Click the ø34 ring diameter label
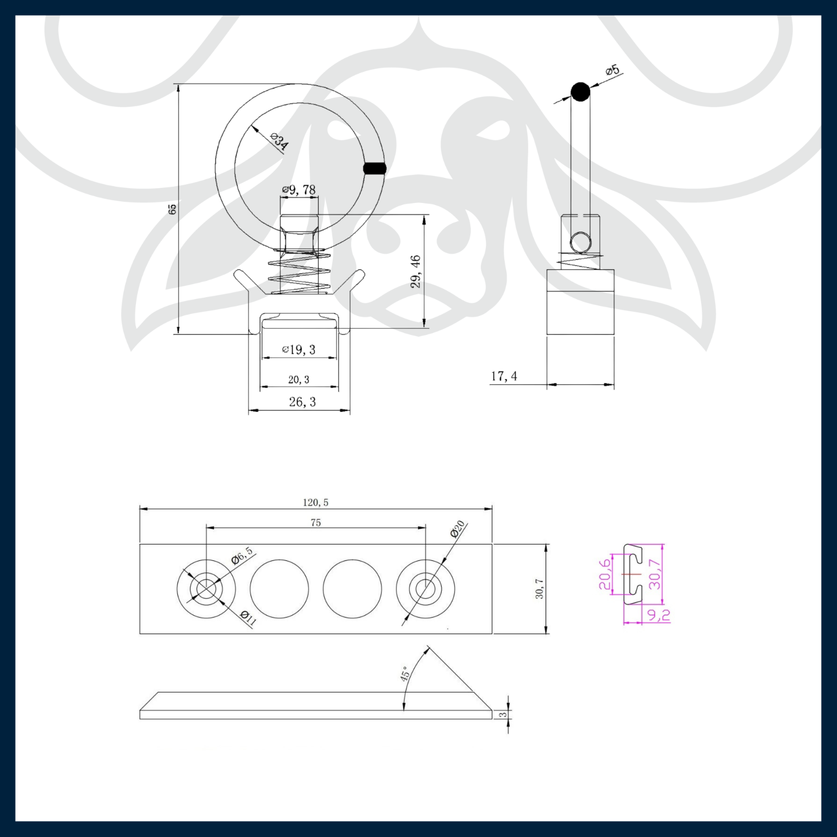tap(279, 142)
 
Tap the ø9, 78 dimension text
tap(299, 189)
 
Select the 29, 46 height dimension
tap(416, 272)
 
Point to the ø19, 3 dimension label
tap(299, 349)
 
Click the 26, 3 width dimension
tap(302, 402)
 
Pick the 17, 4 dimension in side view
tap(504, 376)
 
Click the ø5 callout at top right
tap(612, 70)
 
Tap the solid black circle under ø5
tap(580, 92)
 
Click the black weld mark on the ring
tap(375, 168)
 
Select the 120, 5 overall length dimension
tap(315, 502)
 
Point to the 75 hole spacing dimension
tap(315, 523)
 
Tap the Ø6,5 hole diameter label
tap(242, 555)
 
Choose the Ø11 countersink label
tap(248, 618)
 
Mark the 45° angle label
tap(406, 674)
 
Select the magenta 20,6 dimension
tap(604, 574)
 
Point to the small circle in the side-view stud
tap(581, 243)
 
